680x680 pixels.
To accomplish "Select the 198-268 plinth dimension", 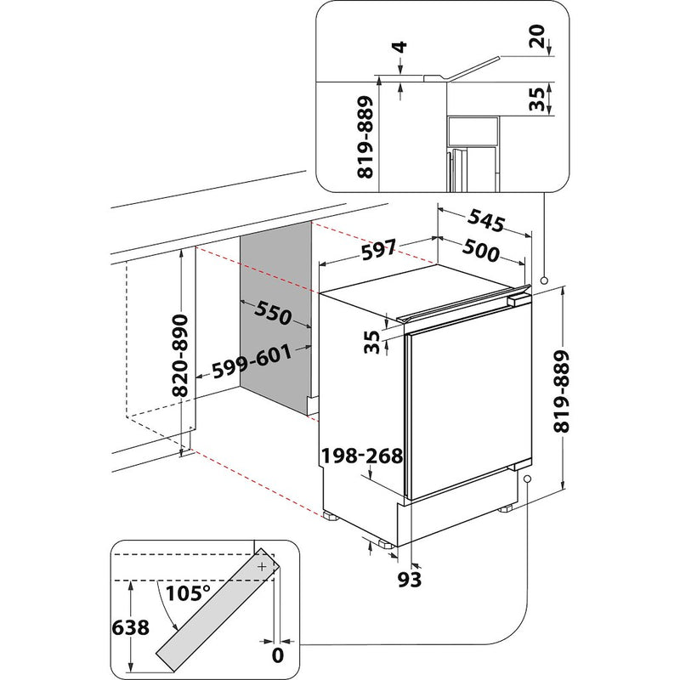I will pos(361,457).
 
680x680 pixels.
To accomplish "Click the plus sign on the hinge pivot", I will pos(262,565).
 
